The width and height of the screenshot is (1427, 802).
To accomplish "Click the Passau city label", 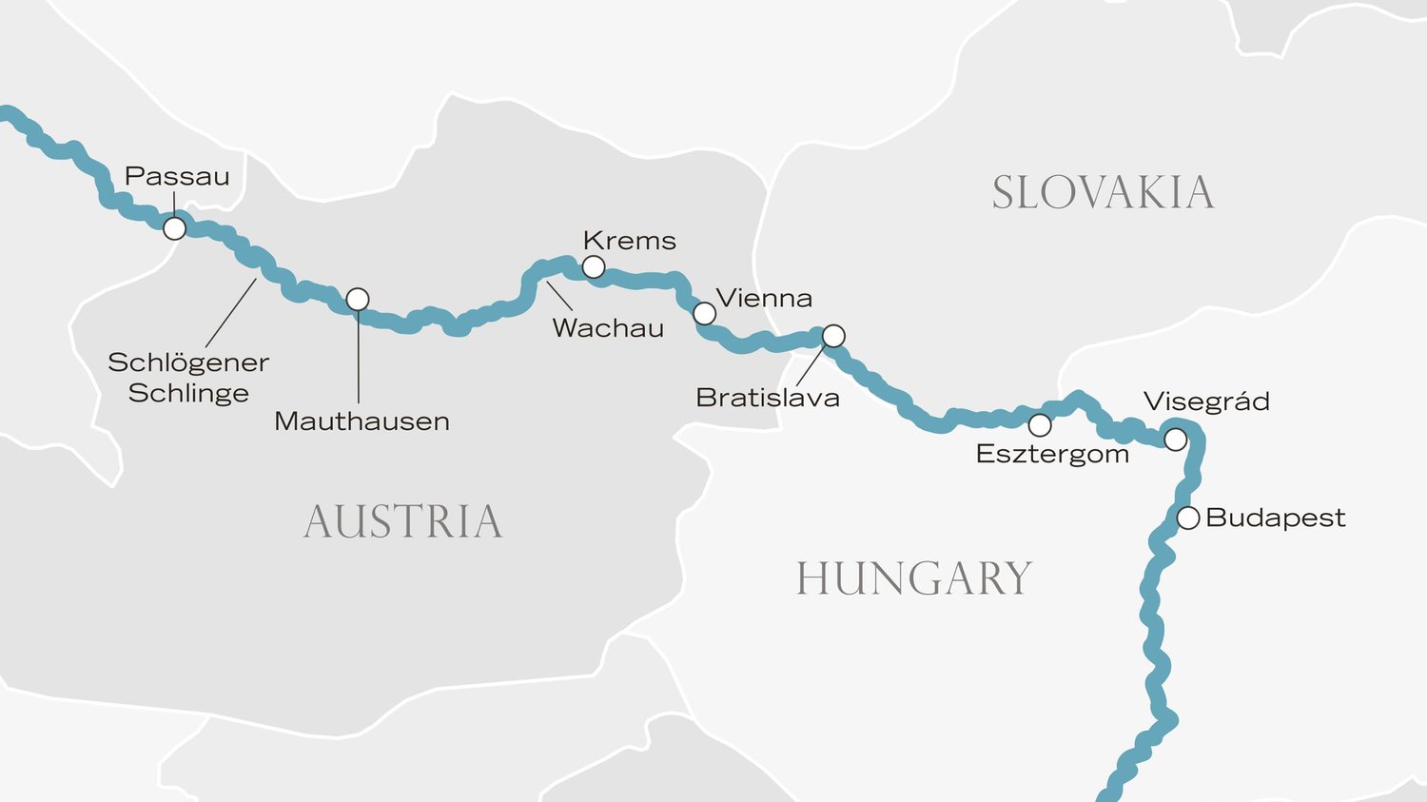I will pos(177,177).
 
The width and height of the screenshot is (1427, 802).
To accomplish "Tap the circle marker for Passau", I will pos(174,228).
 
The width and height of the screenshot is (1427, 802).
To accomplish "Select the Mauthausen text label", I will pos(362,421).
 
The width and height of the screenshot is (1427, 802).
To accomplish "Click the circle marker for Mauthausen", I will pos(358,300).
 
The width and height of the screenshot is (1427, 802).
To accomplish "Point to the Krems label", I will pos(629,241).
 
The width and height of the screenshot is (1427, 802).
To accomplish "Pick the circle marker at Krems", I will pos(594,267).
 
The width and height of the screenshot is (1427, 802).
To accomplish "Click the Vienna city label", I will pos(764,299).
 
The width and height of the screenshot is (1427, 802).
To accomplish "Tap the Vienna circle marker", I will pos(704,313).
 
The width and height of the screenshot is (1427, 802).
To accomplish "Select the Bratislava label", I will pos(768,398).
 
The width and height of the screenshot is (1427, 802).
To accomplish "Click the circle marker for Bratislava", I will pos(833,336).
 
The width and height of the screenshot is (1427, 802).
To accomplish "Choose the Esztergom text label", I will pos(1052,455).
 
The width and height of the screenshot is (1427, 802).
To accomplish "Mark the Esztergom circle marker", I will pos(1040,424).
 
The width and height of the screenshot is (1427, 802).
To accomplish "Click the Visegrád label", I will pos(1206,401).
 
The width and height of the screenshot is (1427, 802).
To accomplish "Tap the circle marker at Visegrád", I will pos(1176,440).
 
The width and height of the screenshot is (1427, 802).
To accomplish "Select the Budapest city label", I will pos(1275,518).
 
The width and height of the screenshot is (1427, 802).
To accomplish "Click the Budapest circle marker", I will pos(1188,518).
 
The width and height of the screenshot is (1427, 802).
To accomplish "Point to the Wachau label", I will pos(608,328).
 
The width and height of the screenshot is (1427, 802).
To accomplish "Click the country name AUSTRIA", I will pos(403,522).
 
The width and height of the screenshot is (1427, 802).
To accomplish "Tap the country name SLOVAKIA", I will pos(1103,193).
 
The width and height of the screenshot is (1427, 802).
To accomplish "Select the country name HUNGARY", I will pos(913,578).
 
